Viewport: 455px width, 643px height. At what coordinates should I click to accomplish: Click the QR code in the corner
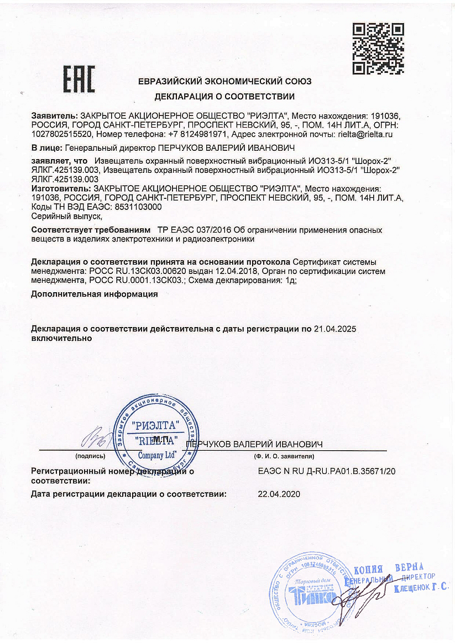pos(378,49)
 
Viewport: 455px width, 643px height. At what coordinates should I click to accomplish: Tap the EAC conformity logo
pos(79,79)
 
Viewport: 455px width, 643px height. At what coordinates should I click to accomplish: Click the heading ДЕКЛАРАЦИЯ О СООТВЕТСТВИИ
pos(224,97)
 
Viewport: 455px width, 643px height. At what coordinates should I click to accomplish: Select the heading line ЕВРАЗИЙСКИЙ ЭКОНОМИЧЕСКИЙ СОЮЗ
pos(224,81)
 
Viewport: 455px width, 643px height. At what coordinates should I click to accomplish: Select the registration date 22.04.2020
pos(279,494)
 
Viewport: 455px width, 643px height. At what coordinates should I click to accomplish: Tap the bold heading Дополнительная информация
pos(95,294)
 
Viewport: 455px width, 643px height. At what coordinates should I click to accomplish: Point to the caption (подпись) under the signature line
pos(90,457)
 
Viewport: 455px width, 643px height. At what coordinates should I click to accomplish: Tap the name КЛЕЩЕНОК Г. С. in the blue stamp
pos(421,589)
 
